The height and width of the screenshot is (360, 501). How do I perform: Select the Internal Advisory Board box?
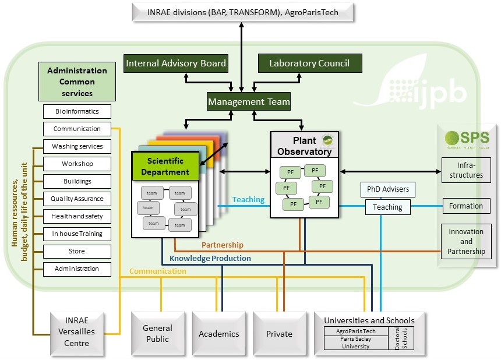pos(175,63)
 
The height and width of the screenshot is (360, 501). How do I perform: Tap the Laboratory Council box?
pos(309,63)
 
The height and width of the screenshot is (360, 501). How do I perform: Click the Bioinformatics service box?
pos(77,111)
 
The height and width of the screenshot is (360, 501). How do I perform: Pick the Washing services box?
pos(77,146)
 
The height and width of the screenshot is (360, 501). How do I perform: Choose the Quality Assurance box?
pos(77,199)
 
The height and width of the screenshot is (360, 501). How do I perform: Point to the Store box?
pos(77,251)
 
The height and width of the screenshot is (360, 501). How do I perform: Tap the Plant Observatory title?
pos(305,146)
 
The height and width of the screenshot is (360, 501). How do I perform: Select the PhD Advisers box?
pos(388,189)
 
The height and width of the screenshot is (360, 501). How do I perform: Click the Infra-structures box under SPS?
pos(466,170)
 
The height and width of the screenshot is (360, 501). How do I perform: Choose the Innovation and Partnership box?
pos(466,241)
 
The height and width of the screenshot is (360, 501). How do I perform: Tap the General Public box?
pos(157,334)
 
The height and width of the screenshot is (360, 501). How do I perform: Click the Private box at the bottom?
pos(279,334)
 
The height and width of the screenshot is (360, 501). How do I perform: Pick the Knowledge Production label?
pos(210,258)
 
